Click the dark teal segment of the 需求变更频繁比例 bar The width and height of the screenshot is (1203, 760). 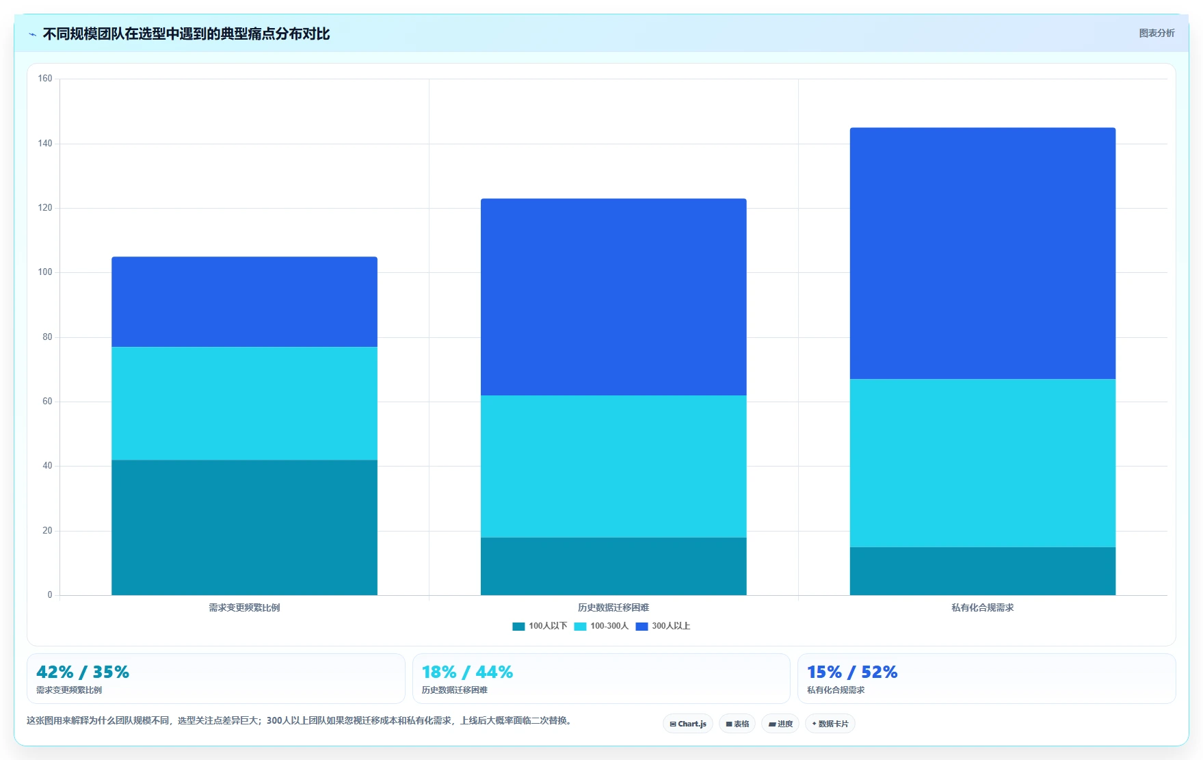coord(244,527)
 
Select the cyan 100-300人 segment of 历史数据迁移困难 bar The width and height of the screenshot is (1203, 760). coord(613,467)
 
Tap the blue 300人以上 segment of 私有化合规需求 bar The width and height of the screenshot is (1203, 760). coord(983,253)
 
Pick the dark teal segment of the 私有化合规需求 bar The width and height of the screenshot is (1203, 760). coord(983,571)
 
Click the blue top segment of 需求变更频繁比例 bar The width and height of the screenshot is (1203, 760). coord(244,302)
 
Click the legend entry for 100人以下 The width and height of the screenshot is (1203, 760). coord(540,626)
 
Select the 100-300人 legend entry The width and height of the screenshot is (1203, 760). coord(601,626)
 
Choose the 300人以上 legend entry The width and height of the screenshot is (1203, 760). coord(663,626)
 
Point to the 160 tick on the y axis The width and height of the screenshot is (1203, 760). coord(45,79)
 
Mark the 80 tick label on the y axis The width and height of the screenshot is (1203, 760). coord(47,337)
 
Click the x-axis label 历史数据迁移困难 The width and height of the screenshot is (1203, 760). coord(613,607)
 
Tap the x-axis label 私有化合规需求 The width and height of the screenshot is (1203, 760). coord(983,607)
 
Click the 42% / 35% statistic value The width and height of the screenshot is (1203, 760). coord(83,672)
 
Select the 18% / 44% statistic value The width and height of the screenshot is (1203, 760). coord(467,672)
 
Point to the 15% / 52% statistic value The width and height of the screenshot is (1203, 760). coord(852,672)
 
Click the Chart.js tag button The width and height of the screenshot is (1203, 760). coord(688,724)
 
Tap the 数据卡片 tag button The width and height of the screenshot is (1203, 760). coord(830,724)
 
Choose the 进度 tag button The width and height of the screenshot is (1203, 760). coord(780,724)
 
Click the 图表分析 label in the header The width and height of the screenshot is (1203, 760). coord(1156,33)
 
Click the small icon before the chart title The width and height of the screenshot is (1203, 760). coord(32,34)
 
